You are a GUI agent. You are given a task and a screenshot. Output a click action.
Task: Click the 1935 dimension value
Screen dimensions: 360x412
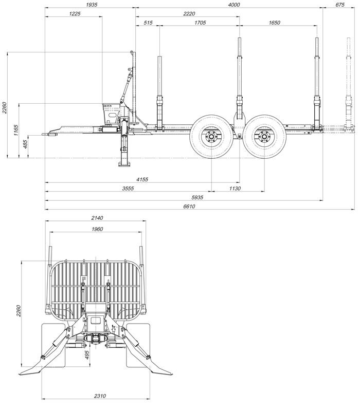pos(92,5)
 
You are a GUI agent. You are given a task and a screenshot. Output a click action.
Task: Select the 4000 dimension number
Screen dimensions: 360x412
pos(234,5)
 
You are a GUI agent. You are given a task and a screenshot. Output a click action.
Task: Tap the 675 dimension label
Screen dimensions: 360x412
pos(340,5)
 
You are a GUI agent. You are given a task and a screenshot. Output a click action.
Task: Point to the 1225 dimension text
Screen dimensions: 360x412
pos(75,14)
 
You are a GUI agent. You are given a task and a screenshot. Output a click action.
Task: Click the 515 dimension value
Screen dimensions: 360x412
pos(148,23)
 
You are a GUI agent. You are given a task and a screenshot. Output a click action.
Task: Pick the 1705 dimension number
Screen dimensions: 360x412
pos(200,23)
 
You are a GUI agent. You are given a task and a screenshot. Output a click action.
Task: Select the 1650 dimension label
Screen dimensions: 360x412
pos(274,23)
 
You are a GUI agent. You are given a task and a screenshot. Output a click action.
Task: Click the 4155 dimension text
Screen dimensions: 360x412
pos(142,179)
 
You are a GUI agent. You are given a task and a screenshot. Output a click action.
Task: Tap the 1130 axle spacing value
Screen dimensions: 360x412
pos(235,189)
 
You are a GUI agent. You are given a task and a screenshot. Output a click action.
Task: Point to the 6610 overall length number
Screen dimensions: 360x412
pos(189,207)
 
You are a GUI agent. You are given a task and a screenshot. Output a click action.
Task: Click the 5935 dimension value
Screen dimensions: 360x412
pos(197,197)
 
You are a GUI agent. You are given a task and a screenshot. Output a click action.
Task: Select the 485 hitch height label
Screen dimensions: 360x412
pos(26,144)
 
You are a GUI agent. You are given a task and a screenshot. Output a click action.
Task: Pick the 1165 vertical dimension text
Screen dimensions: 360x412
pos(16,130)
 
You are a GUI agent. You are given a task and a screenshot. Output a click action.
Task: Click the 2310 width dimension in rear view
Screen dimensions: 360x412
pos(100,396)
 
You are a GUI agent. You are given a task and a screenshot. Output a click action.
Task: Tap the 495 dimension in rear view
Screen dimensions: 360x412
pos(87,354)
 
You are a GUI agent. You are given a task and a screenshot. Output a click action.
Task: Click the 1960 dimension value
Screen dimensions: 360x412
pos(97,229)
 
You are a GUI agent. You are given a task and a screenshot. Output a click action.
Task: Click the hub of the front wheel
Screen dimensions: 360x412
pos(211,137)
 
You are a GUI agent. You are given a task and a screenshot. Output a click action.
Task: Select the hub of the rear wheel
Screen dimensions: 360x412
pos(264,137)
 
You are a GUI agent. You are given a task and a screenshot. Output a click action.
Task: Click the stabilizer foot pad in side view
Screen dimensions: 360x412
pos(124,164)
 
